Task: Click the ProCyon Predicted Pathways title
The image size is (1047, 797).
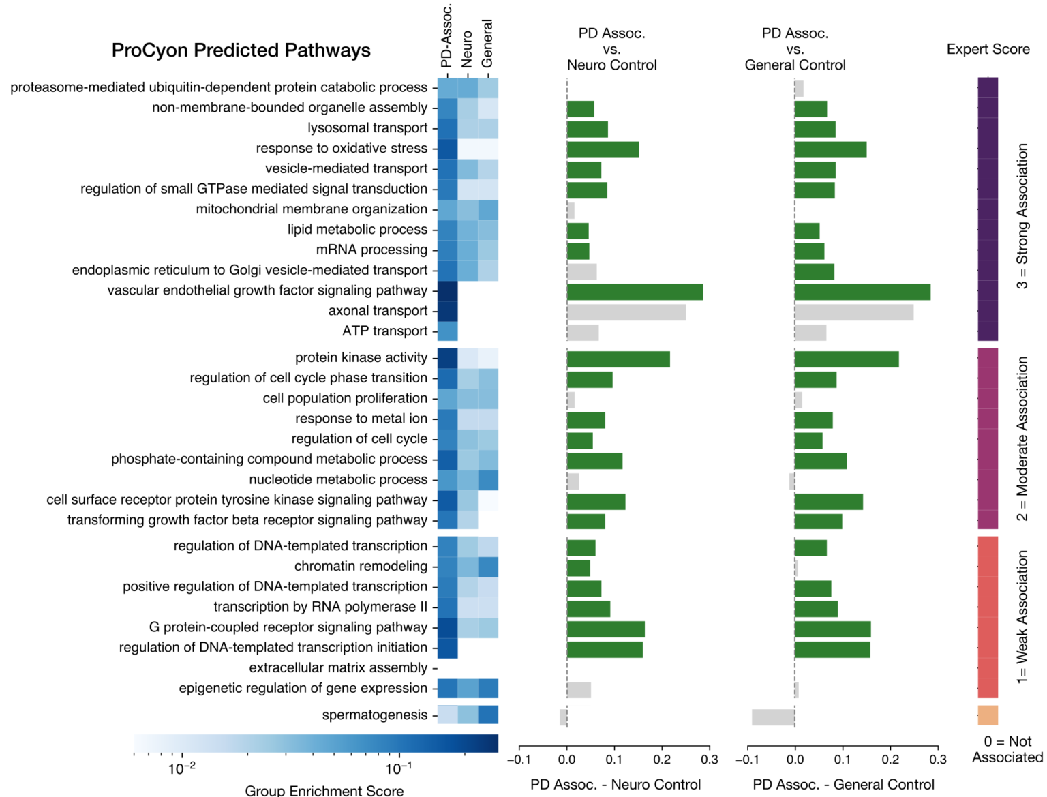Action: pyautogui.click(x=241, y=50)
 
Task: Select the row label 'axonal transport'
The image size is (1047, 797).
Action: pyautogui.click(x=378, y=311)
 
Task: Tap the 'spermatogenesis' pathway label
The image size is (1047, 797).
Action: pyautogui.click(x=375, y=715)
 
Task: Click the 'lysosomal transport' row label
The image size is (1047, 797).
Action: pyautogui.click(x=367, y=128)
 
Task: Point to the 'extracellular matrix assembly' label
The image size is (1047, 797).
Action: pyautogui.click(x=338, y=668)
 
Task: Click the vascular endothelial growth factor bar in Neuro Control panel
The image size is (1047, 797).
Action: pyautogui.click(x=635, y=292)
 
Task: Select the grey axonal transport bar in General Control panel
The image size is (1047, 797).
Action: pyautogui.click(x=854, y=312)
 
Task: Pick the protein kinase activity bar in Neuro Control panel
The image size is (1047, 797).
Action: pyautogui.click(x=618, y=359)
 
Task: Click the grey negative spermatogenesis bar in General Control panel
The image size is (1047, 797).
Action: pyautogui.click(x=773, y=717)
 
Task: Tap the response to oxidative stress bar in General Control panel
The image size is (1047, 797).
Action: pyautogui.click(x=830, y=149)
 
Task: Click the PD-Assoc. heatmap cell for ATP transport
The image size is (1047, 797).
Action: pyautogui.click(x=447, y=331)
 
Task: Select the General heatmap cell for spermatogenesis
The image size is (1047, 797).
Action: pyautogui.click(x=488, y=715)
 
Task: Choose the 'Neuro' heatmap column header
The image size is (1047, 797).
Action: pyautogui.click(x=467, y=49)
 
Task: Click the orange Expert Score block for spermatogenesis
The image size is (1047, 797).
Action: pyautogui.click(x=988, y=715)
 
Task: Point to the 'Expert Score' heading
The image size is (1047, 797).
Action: pyautogui.click(x=988, y=49)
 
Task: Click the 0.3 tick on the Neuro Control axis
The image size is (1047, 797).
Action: pyautogui.click(x=710, y=760)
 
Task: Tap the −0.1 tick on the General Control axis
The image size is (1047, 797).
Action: pyautogui.click(x=747, y=760)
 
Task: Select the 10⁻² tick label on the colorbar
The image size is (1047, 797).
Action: pyautogui.click(x=181, y=769)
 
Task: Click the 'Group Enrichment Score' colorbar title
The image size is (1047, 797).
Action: pyautogui.click(x=324, y=790)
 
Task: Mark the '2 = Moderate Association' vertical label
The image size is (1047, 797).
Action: pyautogui.click(x=1022, y=438)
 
